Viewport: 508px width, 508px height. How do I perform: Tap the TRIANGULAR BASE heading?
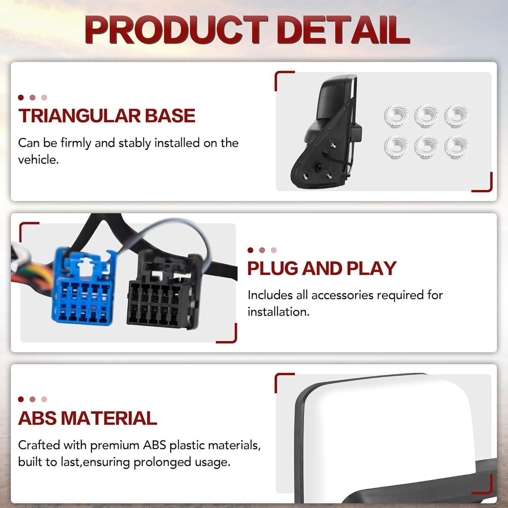coord(107,115)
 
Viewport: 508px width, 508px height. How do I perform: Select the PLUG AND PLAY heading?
coord(322,268)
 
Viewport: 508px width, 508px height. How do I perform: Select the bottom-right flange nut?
coord(457,147)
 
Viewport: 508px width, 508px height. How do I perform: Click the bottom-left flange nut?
coord(396,147)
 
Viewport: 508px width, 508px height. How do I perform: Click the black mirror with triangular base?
coord(325,132)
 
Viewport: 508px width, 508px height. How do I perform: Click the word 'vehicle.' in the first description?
coord(38,160)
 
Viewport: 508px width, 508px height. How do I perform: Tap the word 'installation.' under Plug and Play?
coord(278,312)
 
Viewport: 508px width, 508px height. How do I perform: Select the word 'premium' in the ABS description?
coord(115,445)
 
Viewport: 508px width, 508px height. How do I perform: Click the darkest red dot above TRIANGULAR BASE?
coord(21,98)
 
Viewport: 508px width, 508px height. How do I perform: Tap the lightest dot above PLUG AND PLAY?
coord(274,250)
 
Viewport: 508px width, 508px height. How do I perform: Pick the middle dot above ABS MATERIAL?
coord(33,399)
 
